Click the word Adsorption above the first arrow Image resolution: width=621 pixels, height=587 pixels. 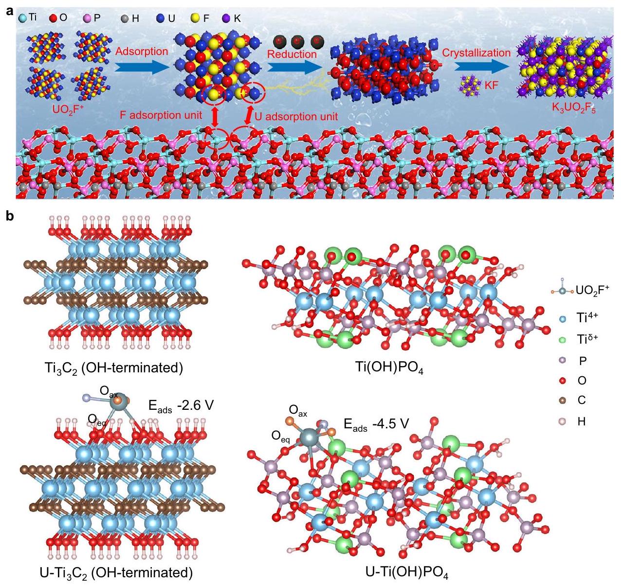click(142, 51)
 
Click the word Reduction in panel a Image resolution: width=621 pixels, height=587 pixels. click(292, 54)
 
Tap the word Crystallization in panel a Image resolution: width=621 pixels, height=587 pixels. click(476, 53)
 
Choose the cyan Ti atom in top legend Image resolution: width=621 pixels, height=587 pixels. click(23, 18)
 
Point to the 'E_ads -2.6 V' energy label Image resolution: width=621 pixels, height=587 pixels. click(180, 405)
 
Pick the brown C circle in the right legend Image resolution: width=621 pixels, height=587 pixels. click(563, 400)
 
